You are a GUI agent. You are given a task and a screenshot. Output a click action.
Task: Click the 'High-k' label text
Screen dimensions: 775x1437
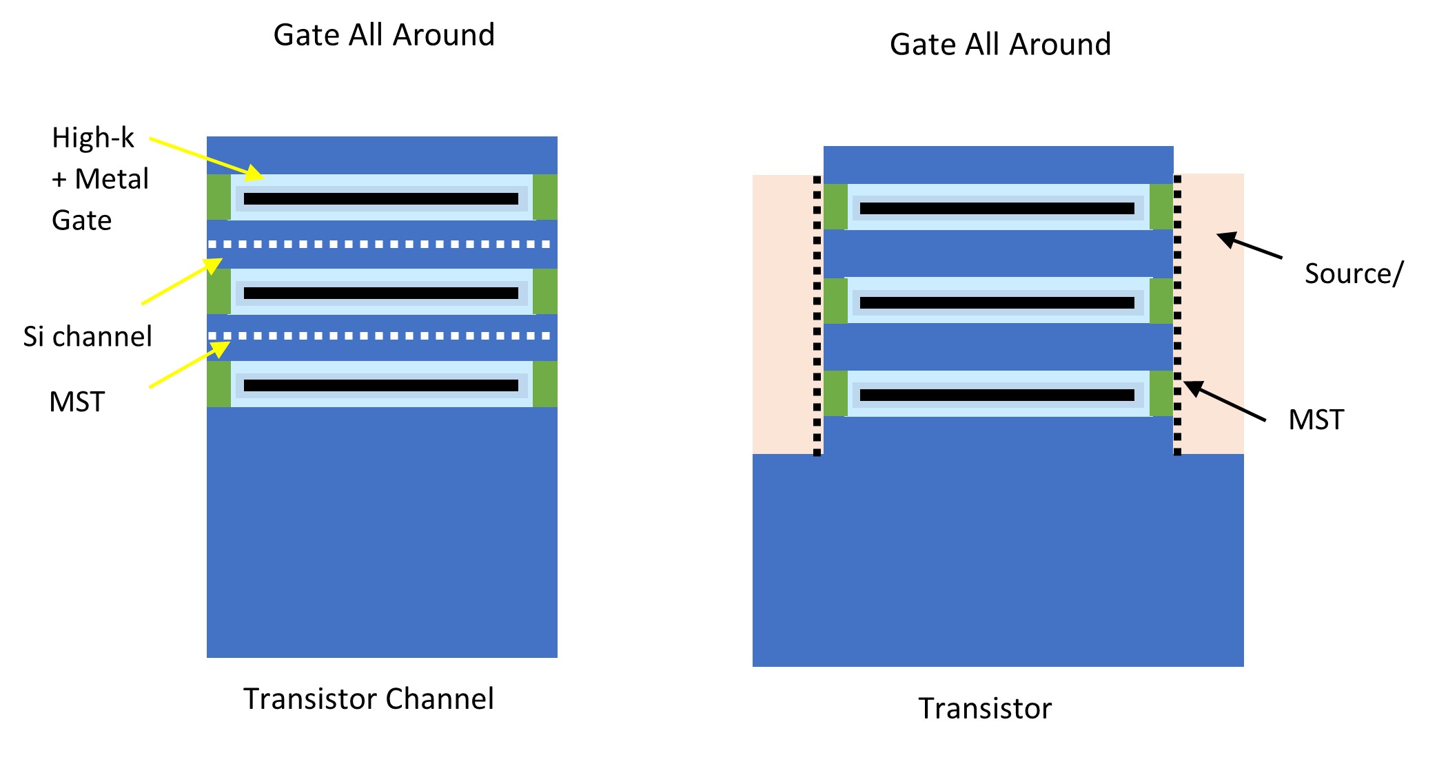coord(93,138)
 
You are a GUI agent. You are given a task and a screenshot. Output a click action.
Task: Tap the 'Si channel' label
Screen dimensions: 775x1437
coord(88,336)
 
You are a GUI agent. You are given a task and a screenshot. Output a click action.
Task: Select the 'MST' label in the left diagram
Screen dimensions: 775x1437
coord(77,402)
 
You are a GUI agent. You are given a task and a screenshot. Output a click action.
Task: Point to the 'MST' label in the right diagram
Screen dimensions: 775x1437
coord(1316,420)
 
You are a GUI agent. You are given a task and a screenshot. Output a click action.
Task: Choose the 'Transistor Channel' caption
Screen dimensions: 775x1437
coord(369,699)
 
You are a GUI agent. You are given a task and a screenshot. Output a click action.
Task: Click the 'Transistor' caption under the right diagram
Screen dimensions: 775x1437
coord(985,708)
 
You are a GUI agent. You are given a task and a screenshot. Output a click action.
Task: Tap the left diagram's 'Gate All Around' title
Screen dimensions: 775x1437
coord(384,35)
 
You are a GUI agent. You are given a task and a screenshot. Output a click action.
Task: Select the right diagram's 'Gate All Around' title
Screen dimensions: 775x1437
coord(1000,45)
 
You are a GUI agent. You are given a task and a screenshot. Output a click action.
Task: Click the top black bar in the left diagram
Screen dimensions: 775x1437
coord(380,199)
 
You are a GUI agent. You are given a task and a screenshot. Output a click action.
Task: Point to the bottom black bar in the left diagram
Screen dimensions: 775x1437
coord(380,386)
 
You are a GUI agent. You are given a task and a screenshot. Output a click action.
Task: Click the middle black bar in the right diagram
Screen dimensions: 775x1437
coord(997,303)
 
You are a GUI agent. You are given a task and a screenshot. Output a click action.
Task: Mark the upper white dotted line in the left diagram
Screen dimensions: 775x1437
coord(380,244)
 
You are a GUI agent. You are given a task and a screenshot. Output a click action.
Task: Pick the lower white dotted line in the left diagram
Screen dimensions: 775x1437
coord(380,336)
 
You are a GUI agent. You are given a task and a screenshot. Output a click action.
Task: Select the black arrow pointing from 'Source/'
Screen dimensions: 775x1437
coord(1250,246)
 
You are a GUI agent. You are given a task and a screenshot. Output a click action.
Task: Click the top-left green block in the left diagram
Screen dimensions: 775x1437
coord(218,197)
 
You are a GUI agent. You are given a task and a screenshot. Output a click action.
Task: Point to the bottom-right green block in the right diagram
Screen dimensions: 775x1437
coord(1161,394)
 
